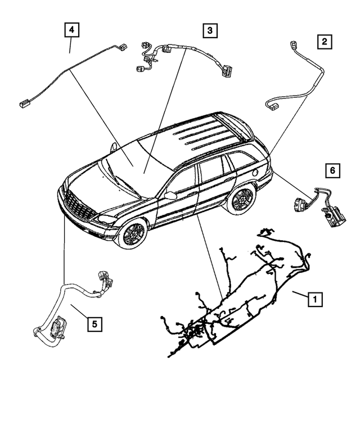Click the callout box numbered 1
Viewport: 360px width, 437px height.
[x=315, y=299]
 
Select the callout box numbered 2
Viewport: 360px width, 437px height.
[x=323, y=40]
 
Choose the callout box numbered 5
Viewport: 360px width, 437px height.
[x=94, y=323]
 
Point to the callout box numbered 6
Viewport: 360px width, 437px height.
[x=332, y=169]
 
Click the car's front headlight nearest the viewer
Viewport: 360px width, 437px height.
[x=107, y=218]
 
